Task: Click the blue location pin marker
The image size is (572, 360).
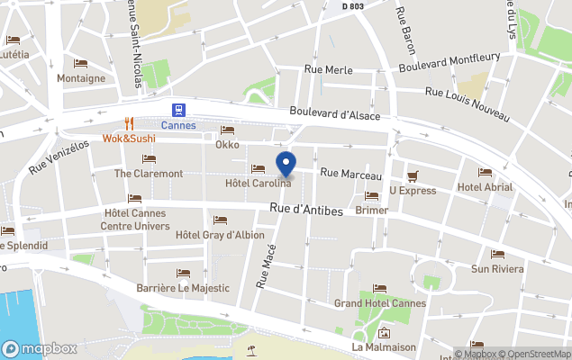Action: pos(286,166)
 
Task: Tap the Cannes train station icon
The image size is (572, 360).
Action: pos(178,109)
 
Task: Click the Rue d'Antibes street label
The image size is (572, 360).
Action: pos(306,211)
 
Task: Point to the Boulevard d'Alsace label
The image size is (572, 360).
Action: pos(334,114)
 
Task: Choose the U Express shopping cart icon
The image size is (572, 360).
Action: pos(413,175)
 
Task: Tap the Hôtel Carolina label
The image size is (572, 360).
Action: pos(258,184)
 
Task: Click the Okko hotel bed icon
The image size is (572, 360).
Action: pos(227,130)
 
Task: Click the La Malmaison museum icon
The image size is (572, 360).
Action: pos(384,332)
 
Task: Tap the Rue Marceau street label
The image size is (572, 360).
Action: pos(351,174)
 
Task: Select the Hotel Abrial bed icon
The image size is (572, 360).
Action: pos(485,173)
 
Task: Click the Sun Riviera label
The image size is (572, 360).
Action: pos(497,268)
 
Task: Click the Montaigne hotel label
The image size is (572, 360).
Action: pos(81,78)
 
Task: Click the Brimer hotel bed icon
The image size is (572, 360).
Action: pos(371,195)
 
